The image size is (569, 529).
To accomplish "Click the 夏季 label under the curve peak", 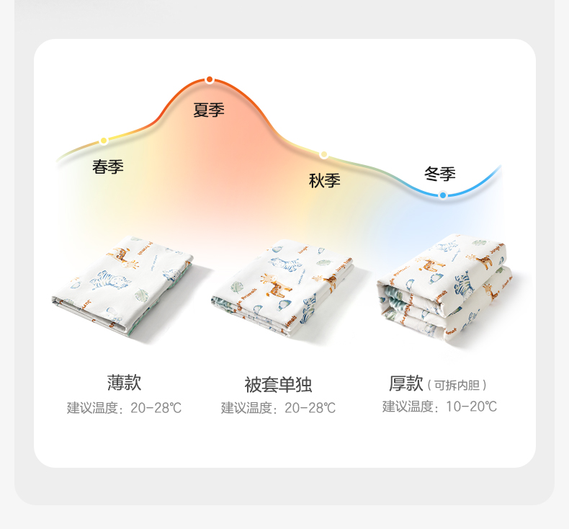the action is pyautogui.click(x=209, y=110).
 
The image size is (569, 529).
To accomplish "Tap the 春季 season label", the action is pyautogui.click(x=108, y=166).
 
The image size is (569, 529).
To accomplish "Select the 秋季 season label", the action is pyautogui.click(x=324, y=180).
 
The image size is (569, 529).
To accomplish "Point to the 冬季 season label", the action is pyautogui.click(x=439, y=174).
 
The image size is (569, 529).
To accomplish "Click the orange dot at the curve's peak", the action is pyautogui.click(x=209, y=79).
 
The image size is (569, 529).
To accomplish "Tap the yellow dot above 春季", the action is pyautogui.click(x=104, y=141).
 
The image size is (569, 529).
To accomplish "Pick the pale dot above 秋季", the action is pyautogui.click(x=324, y=154).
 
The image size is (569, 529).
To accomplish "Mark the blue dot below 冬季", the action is pyautogui.click(x=442, y=195).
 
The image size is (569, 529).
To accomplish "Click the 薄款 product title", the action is pyautogui.click(x=125, y=382).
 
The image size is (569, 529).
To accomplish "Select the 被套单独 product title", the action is pyautogui.click(x=278, y=384).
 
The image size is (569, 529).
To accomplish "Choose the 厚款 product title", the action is pyautogui.click(x=406, y=383).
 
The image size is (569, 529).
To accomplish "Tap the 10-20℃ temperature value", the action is pyautogui.click(x=471, y=406).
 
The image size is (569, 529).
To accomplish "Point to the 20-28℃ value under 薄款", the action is pyautogui.click(x=156, y=408).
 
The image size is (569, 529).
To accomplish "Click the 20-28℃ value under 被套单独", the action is pyautogui.click(x=310, y=408).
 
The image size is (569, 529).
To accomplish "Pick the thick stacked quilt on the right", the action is pyautogui.click(x=442, y=288).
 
